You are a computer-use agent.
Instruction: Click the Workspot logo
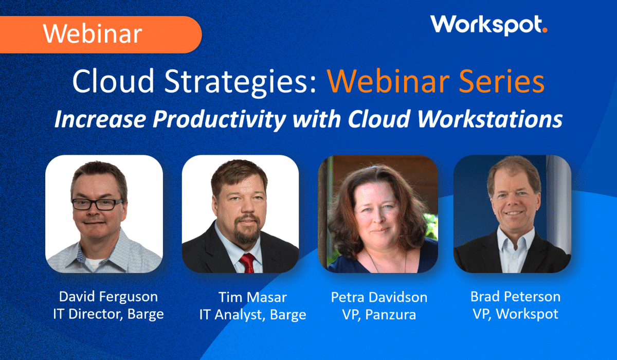(x=488, y=25)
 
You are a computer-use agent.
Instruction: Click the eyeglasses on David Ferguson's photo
(x=98, y=204)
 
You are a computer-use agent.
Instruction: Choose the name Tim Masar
(x=252, y=297)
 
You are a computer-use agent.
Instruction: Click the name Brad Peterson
(x=515, y=296)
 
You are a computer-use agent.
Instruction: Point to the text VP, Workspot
(x=515, y=314)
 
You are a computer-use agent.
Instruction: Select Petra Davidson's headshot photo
(x=378, y=213)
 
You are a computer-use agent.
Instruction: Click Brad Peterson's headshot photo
(x=512, y=213)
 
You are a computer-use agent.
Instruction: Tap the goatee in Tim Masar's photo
(x=247, y=234)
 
